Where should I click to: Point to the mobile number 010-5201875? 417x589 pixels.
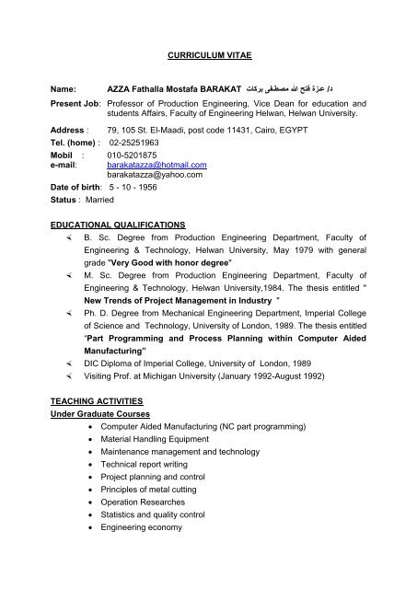pyautogui.click(x=133, y=155)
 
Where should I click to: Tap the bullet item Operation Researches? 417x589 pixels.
pyautogui.click(x=144, y=505)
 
